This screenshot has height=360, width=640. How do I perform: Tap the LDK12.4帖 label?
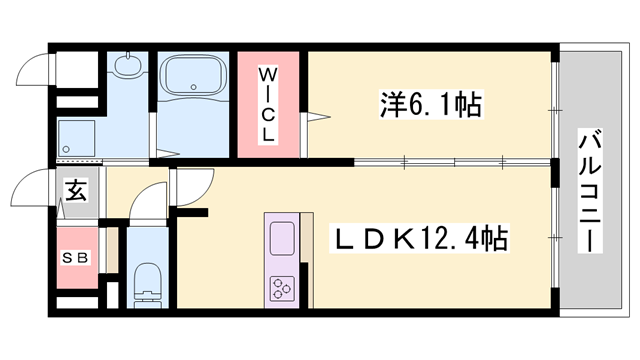pos(420,240)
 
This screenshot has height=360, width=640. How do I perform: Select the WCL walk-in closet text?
pos(269,103)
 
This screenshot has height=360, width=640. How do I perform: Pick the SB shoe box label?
pos(77,257)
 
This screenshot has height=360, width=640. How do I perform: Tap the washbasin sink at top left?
pos(127,67)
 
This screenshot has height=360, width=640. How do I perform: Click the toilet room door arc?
pos(147,200)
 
